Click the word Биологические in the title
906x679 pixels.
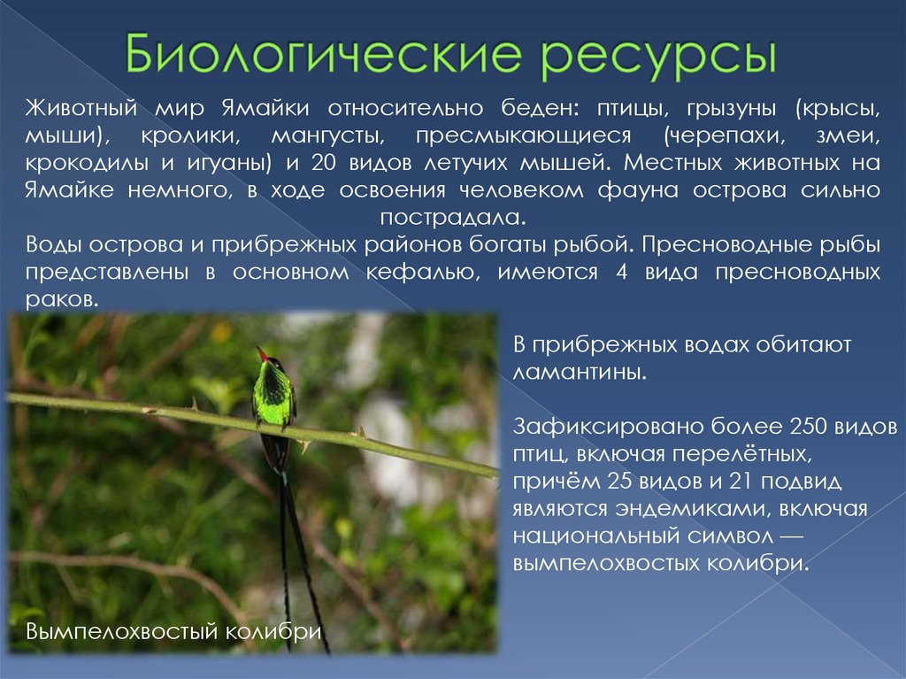pyautogui.click(x=322, y=56)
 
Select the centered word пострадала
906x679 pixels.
pyautogui.click(x=452, y=217)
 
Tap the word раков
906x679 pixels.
pyautogui.click(x=59, y=299)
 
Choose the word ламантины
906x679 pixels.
pyautogui.click(x=580, y=371)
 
